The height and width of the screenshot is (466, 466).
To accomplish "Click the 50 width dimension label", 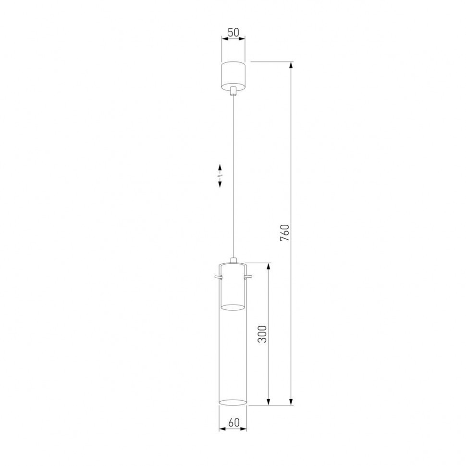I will click(233, 32).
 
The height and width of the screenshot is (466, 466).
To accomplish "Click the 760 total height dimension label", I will click(284, 233).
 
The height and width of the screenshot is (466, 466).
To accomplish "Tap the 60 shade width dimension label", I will click(233, 423).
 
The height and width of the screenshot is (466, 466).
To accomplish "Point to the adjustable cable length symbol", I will click(220, 176).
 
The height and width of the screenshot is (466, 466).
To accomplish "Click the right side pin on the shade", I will click(249, 277).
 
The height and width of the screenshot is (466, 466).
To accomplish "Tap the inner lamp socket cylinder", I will click(233, 288).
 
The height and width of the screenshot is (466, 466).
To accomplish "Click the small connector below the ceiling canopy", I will click(233, 91).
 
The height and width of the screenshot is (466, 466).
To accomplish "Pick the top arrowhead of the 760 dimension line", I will click(291, 65).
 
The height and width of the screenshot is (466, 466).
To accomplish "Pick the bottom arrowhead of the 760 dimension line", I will click(291, 401).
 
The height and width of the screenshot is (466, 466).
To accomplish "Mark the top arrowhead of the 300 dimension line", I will click(268, 266).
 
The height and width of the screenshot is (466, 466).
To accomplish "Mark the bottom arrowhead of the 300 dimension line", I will click(268, 401).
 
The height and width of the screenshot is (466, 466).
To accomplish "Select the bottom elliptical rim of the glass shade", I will click(233, 401).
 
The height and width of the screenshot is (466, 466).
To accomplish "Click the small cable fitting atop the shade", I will click(233, 260).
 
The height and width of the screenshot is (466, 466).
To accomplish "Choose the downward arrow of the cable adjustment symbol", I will click(220, 184).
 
